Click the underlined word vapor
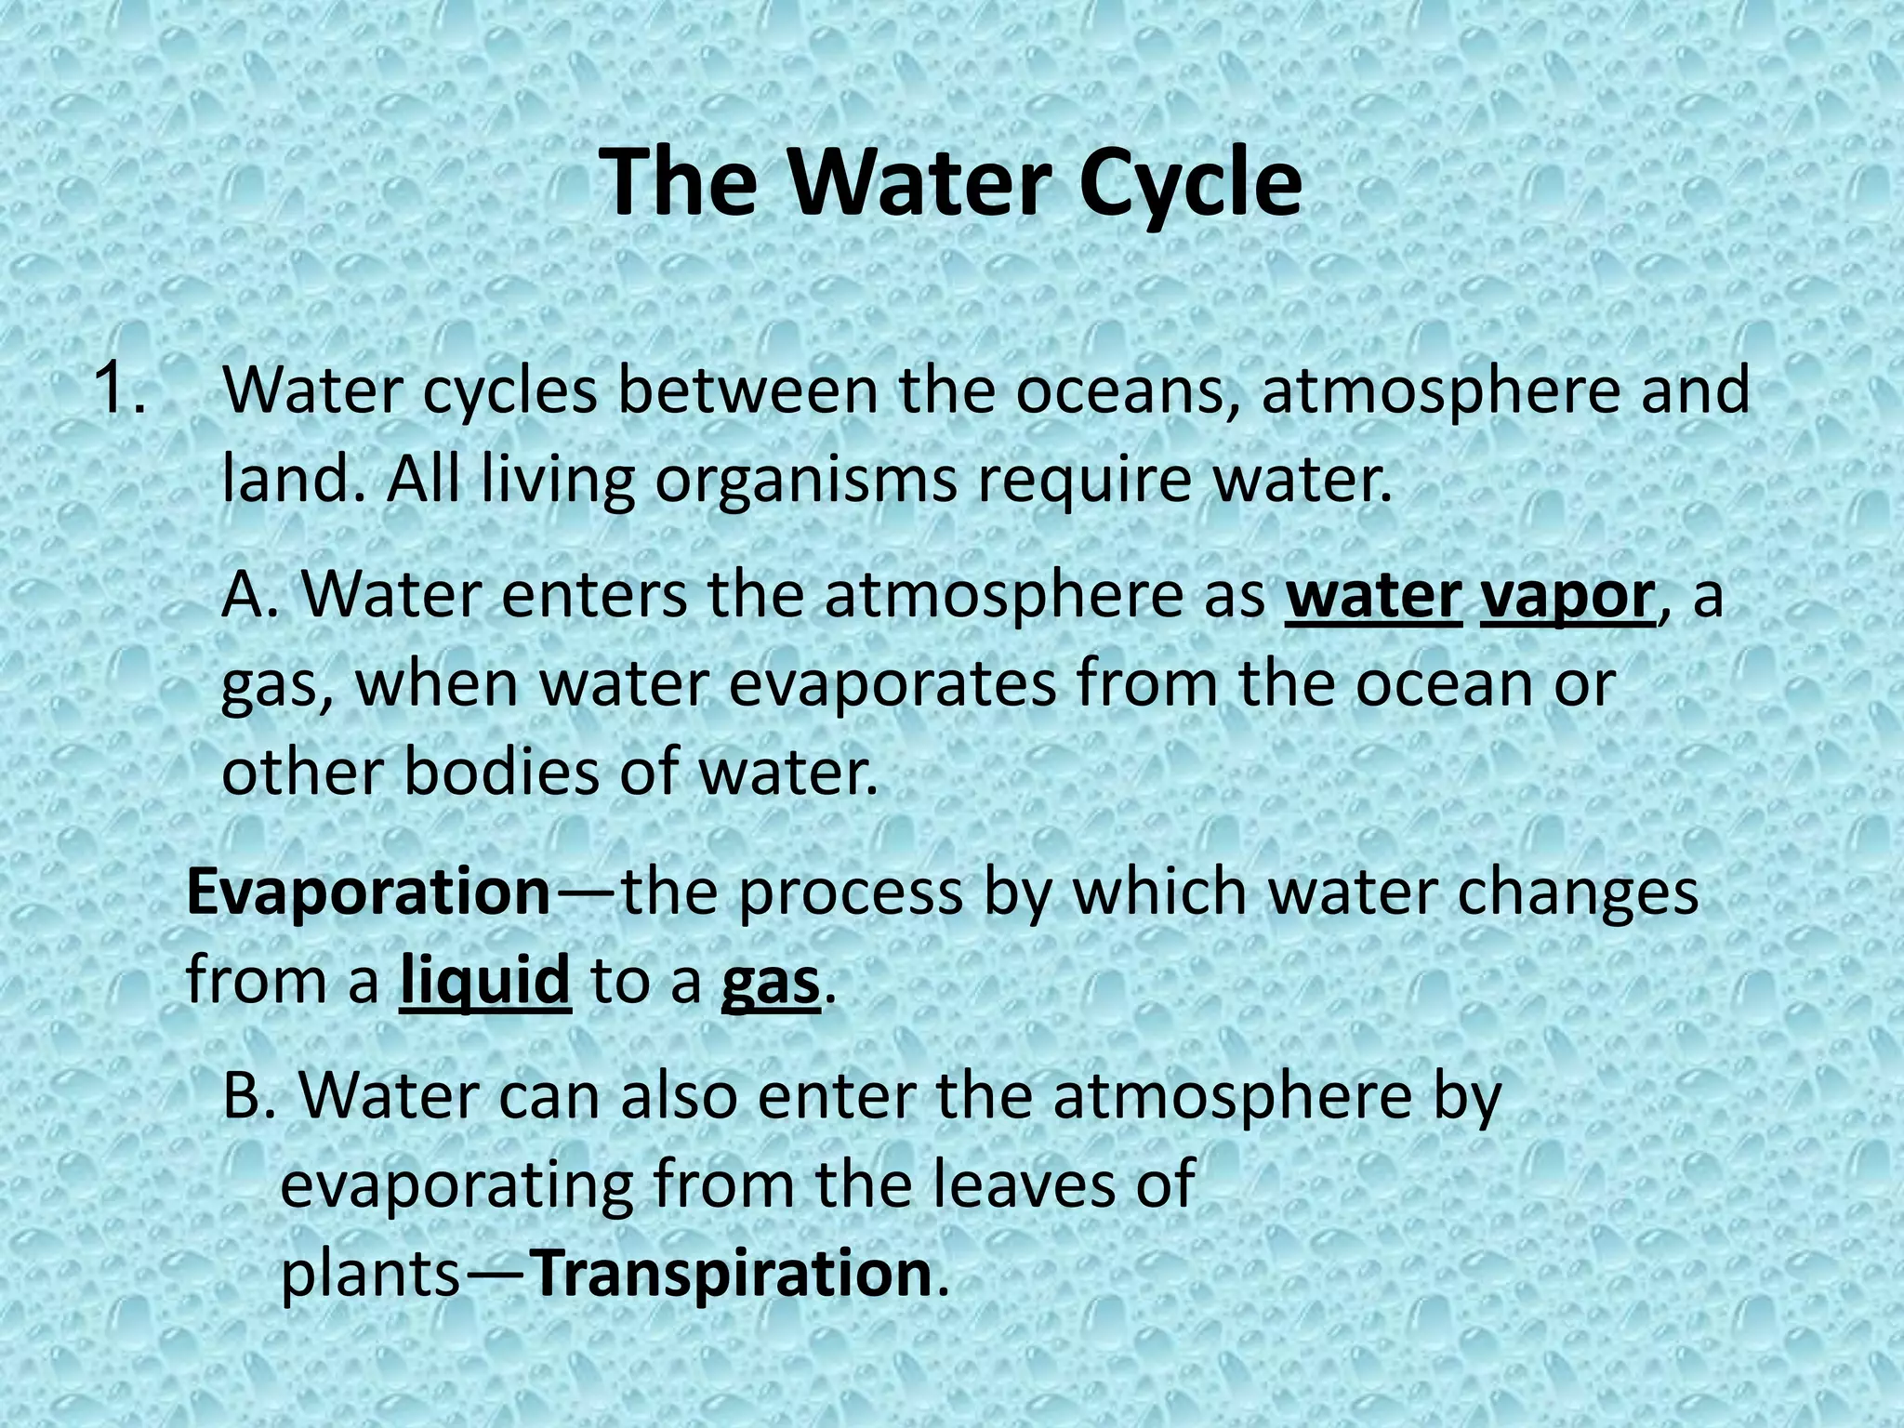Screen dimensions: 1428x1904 pyautogui.click(x=1567, y=596)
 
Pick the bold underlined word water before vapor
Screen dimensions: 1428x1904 pyautogui.click(x=1372, y=596)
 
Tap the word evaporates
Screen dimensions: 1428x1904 pyautogui.click(x=892, y=685)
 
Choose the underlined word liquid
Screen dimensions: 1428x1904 pyautogui.click(x=484, y=981)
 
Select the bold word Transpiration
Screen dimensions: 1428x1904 pyautogui.click(x=734, y=1274)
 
